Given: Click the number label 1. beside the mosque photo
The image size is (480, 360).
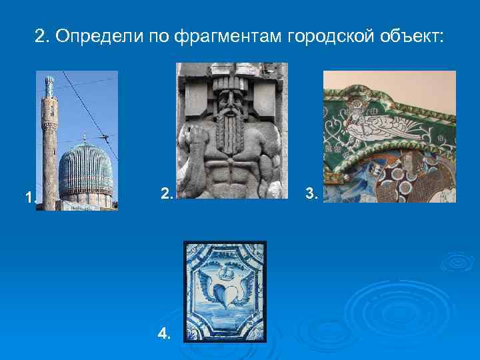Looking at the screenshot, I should tap(29, 197).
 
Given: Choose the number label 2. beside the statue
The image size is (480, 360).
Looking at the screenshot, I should tap(167, 193).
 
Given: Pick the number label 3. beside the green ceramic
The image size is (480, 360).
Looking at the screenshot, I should tap(311, 194).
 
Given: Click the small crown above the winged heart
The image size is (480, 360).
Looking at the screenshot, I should tap(226, 271).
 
